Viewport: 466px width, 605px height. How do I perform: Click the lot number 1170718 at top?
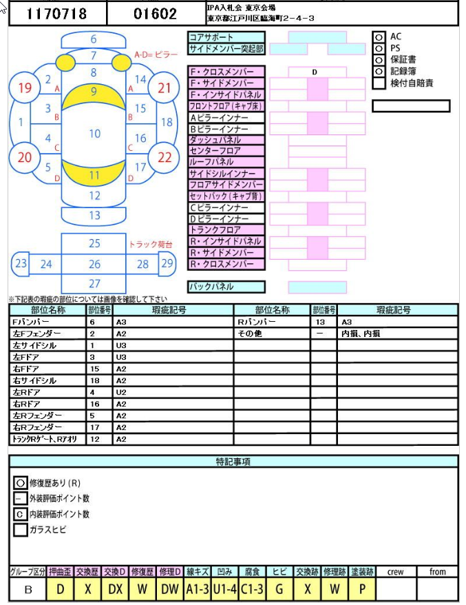pos(56,14)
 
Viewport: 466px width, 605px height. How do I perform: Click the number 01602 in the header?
pos(155,14)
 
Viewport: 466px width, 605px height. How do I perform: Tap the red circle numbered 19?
pos(24,88)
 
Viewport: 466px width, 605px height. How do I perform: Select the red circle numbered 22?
pos(165,157)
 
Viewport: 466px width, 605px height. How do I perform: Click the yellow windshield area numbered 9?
pos(94,95)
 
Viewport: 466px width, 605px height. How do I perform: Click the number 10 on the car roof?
pos(95,134)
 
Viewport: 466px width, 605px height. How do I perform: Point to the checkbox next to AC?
pos(379,37)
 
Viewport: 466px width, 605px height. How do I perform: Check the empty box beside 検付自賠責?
pos(379,83)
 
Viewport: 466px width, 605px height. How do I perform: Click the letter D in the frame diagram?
pos(315,72)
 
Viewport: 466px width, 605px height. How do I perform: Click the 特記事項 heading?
pos(233,462)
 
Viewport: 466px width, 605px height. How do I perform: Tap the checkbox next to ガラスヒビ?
pos(21,529)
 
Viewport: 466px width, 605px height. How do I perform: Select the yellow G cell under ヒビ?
pos(279,589)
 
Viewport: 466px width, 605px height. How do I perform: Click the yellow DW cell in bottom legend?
pos(170,589)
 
